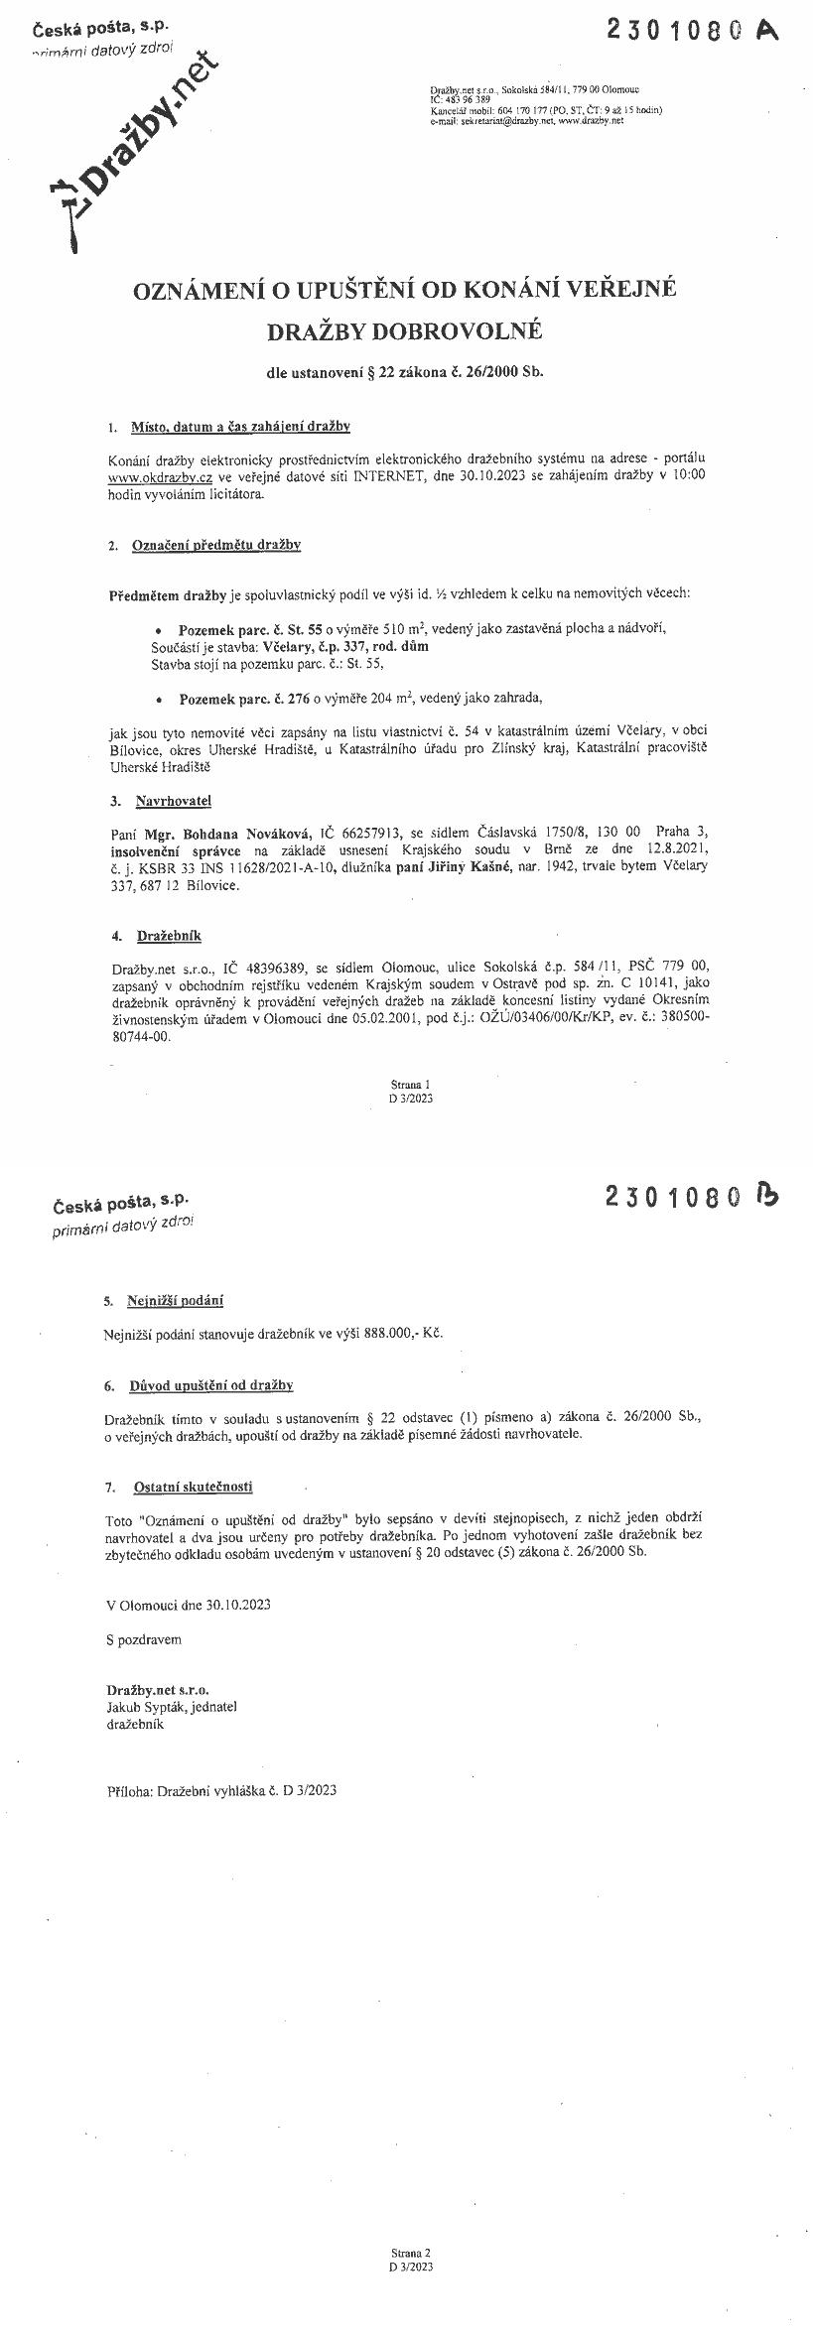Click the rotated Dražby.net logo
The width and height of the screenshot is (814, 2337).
pos(139,144)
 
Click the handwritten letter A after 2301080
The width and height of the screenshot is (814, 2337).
pos(767,31)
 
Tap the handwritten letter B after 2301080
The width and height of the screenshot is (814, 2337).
pos(767,1196)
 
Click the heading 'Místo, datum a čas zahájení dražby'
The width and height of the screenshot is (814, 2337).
pos(240,428)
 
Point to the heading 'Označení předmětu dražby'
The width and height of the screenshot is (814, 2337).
pos(216,545)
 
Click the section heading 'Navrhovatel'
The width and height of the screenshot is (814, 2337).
pos(174,801)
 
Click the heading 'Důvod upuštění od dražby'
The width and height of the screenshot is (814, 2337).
pos(210,1385)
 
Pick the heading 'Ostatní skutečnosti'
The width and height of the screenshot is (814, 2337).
pos(193,1487)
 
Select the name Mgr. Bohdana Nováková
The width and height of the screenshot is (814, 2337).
pos(224,832)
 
